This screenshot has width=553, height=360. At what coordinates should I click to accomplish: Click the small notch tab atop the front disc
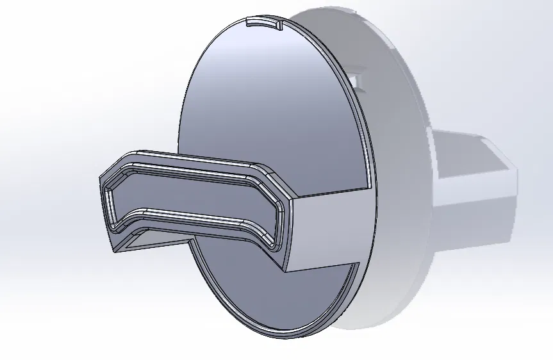264,23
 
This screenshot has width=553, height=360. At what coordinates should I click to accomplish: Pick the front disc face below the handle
269,295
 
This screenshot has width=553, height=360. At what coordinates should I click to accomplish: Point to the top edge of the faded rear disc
333,10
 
